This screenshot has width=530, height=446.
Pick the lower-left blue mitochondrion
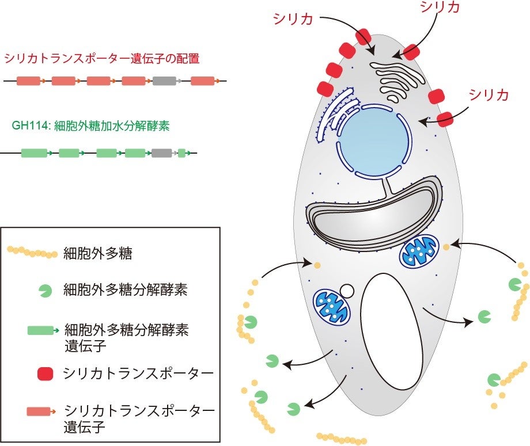coord(331,306)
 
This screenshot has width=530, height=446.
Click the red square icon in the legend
coord(44,374)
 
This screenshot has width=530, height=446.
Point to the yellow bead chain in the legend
coord(32,252)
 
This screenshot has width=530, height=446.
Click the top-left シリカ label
coord(293,19)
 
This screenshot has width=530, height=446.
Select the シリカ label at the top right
coord(441,8)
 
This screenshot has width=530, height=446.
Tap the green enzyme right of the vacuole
coord(485,317)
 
